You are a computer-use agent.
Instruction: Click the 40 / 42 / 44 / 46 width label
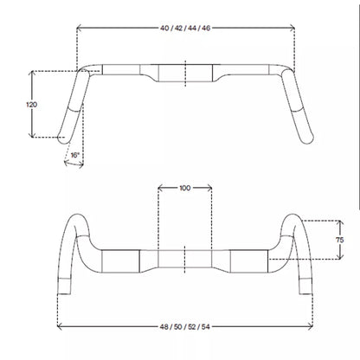[x=185, y=28]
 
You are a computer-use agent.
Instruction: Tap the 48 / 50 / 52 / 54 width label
[x=185, y=327]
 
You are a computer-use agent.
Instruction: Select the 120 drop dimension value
[x=32, y=105]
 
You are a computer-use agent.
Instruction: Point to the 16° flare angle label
[x=74, y=155]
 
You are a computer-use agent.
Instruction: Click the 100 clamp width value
[x=185, y=188]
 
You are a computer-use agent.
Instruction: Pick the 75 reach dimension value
[x=340, y=240]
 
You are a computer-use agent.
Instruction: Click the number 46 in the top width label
[x=206, y=28]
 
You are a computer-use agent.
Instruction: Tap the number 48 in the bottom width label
[x=164, y=327]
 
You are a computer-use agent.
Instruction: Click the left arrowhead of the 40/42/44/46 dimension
[x=79, y=28]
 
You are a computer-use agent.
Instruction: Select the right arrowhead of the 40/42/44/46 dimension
[x=292, y=28]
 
